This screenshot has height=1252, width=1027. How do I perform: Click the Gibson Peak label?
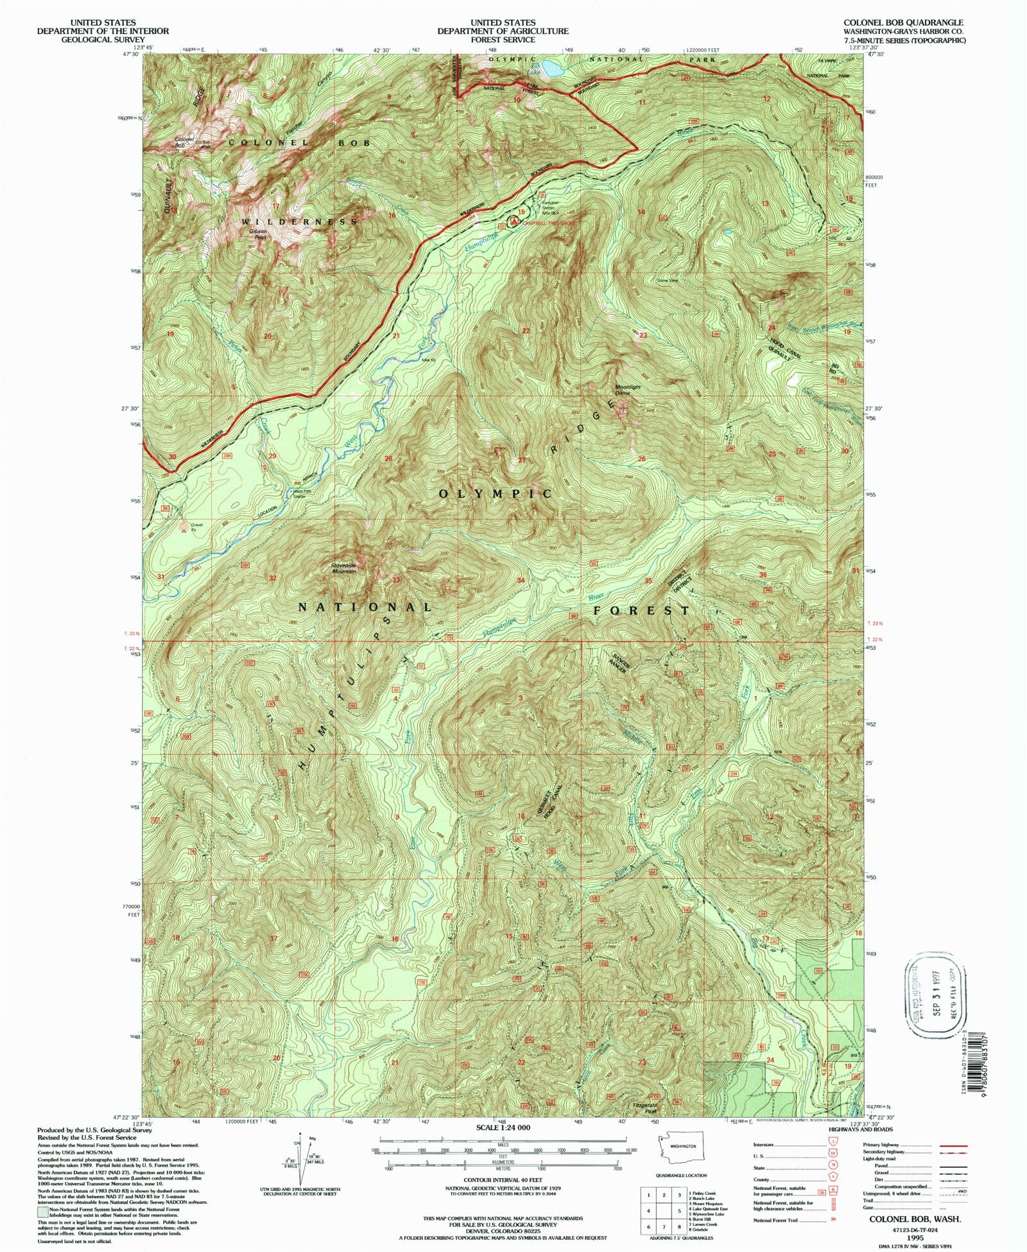click(x=260, y=235)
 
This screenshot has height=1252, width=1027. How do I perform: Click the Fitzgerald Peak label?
click(x=644, y=1109)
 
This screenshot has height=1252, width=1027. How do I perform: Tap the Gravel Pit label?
click(x=196, y=526)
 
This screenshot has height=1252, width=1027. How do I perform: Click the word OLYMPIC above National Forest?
click(x=495, y=494)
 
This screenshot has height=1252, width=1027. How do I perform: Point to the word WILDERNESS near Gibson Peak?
click(x=299, y=222)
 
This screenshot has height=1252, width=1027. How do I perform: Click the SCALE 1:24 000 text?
click(x=503, y=1127)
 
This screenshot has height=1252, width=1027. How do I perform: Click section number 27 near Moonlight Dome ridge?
click(x=522, y=460)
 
